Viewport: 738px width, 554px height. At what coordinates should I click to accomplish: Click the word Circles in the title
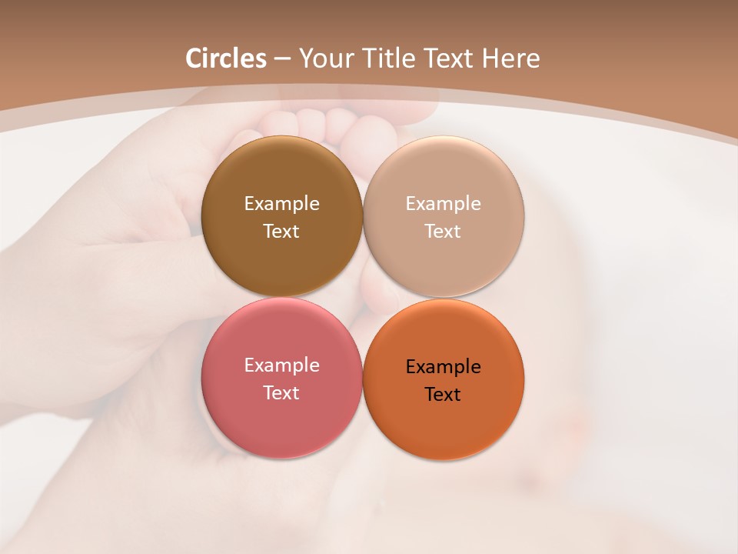225,58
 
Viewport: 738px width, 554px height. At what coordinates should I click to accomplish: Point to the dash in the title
282,59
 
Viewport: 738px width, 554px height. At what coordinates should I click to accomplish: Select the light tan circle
443,262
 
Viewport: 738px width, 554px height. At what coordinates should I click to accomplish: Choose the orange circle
443,427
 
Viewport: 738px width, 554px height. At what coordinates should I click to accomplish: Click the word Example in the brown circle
281,203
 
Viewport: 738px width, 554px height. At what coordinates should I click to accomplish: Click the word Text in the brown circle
281,231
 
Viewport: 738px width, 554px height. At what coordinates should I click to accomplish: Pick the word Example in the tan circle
443,203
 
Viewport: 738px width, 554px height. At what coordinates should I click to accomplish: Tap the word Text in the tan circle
443,231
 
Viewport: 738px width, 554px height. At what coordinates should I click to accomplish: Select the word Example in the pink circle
281,365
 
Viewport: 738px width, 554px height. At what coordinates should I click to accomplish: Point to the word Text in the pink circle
281,392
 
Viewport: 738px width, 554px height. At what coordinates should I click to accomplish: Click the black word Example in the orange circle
443,366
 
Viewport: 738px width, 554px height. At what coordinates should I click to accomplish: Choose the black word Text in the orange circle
443,394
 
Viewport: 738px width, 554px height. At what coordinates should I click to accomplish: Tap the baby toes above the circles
331,123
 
